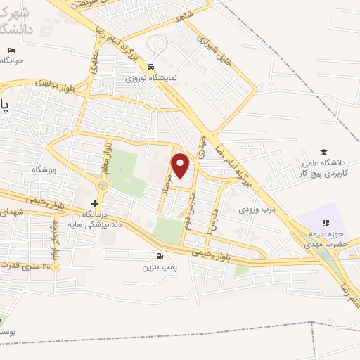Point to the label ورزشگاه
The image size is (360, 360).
tap(43, 169)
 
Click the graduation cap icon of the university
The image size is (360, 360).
tap(323, 152)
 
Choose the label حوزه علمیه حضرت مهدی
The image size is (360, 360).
tap(326, 237)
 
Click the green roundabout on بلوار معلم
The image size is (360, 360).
tap(103, 185)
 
